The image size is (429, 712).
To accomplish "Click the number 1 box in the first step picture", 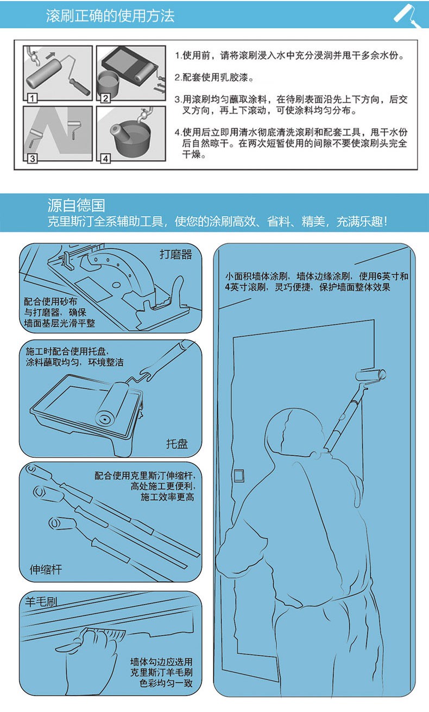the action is pos(32,98).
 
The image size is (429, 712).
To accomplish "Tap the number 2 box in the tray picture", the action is pos(105,98).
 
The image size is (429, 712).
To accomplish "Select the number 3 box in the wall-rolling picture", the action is pos(32,158).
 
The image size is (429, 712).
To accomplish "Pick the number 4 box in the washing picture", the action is pos(105,158).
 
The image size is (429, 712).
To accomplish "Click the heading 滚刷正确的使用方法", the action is pos(110,16).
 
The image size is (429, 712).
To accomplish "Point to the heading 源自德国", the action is pos(76,205).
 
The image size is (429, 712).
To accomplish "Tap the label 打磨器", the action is pos(176,255).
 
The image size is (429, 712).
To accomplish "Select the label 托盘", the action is pos(177,444).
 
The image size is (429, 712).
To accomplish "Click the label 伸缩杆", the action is pos(46,569).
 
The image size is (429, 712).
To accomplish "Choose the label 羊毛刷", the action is pos(41,601).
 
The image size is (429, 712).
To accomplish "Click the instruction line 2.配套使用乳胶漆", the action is pos(214,77).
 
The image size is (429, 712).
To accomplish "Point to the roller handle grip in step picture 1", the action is pos(80,86).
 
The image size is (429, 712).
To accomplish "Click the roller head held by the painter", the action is pos(370,375).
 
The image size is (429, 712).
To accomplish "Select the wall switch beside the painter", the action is pos(239,476).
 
